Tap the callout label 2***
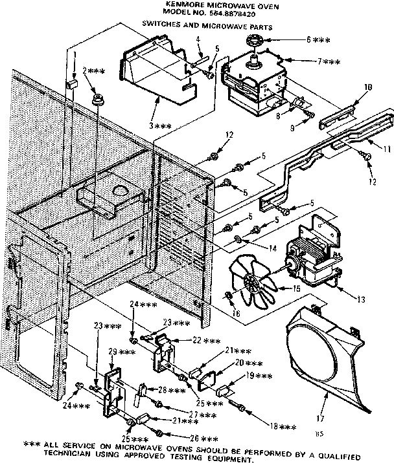point(94,71)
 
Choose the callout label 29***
point(122,352)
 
